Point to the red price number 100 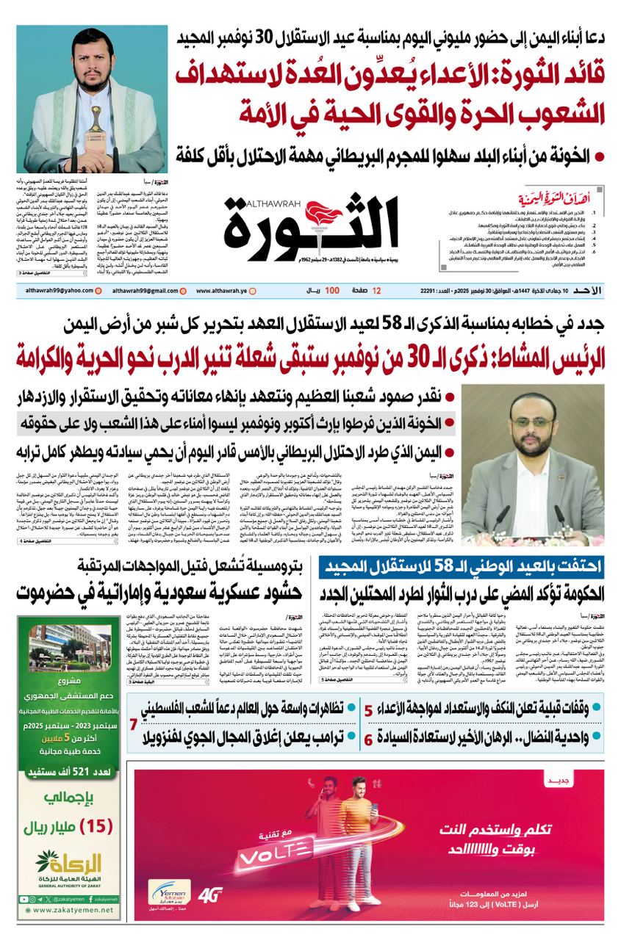click(332, 292)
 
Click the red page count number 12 click(376, 292)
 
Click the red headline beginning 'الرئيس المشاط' click(309, 357)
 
